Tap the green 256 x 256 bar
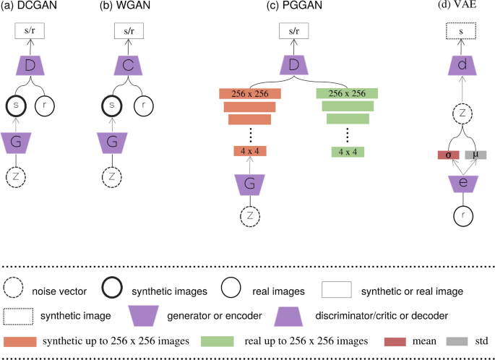point(347,93)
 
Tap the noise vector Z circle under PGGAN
point(249,215)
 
